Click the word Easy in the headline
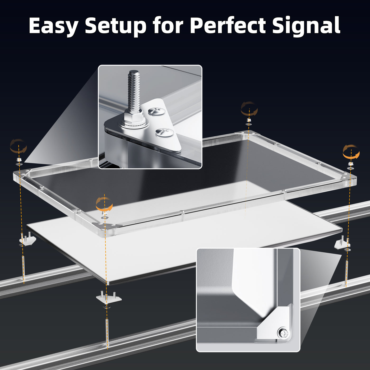(x=53, y=26)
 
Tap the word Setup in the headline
(x=115, y=26)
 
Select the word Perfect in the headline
(x=228, y=26)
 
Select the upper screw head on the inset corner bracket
(x=156, y=111)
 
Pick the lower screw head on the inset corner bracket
(x=164, y=132)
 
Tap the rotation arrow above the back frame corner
(x=249, y=109)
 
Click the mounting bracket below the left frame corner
(x=27, y=240)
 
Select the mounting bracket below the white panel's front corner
(x=109, y=298)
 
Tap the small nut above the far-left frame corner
(x=19, y=160)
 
